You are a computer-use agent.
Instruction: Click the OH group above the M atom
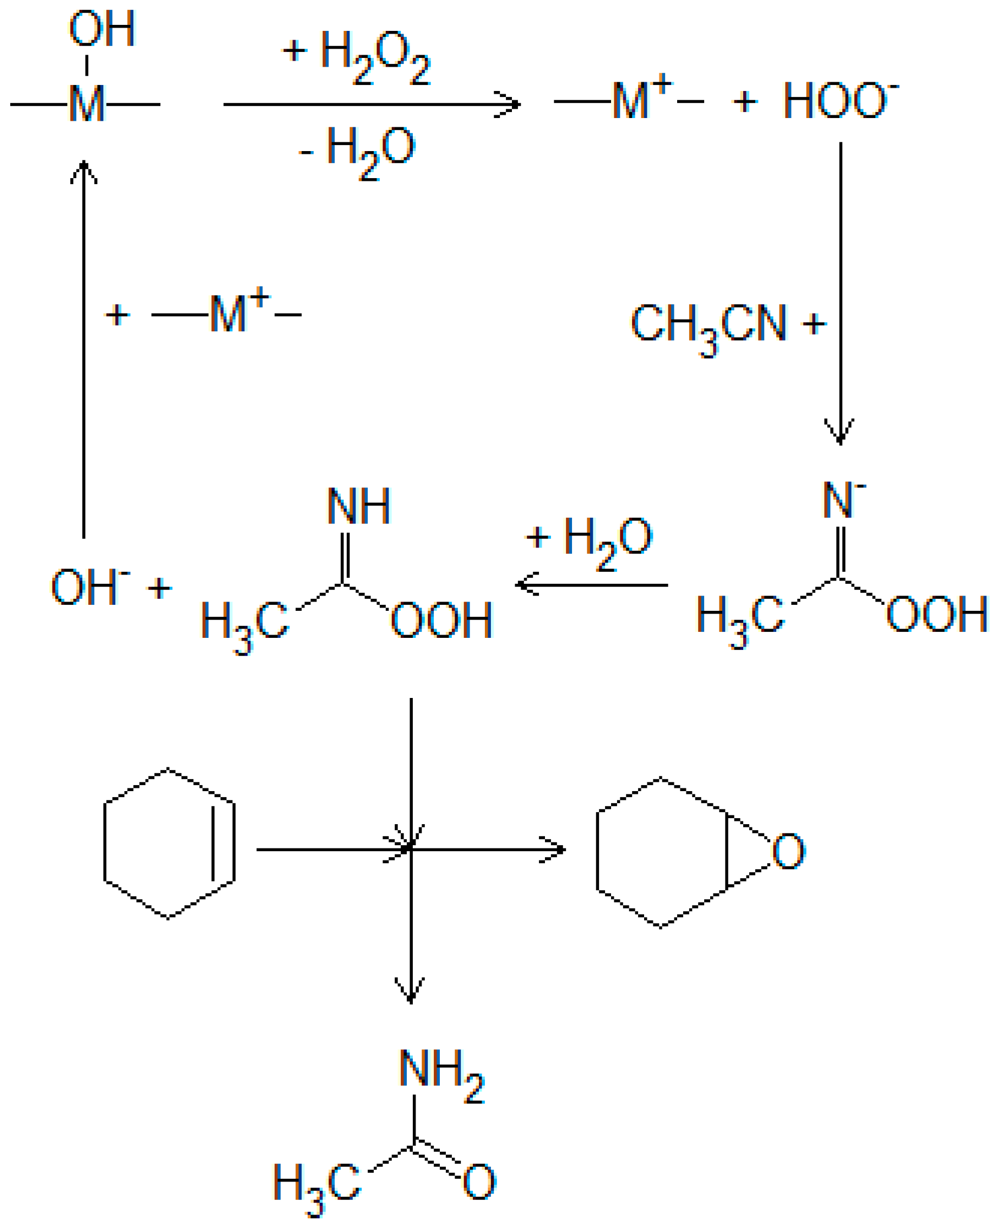point(102,29)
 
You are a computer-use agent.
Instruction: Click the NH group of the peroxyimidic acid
point(358,507)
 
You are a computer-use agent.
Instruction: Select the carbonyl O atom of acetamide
point(479,1182)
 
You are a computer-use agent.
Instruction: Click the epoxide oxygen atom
point(788,851)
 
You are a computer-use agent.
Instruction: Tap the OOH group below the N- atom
point(937,615)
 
